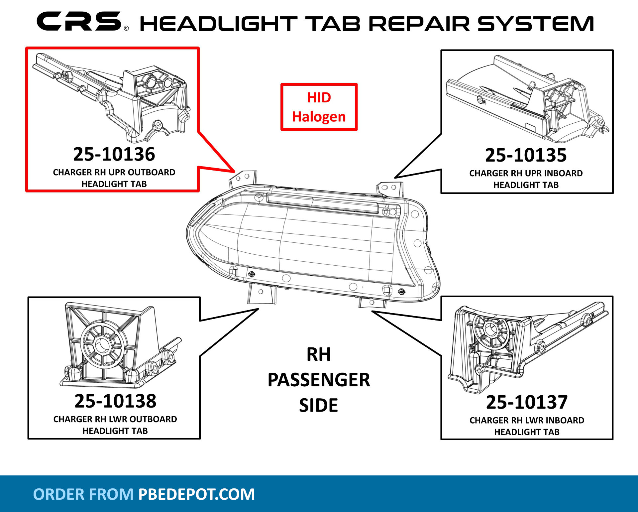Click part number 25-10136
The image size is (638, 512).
click(114, 154)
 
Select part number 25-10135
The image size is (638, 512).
click(526, 155)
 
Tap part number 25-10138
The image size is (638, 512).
click(115, 401)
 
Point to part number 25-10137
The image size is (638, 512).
click(527, 402)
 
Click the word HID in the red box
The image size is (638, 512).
click(319, 98)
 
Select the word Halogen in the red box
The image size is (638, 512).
click(319, 117)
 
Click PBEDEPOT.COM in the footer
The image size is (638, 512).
click(196, 494)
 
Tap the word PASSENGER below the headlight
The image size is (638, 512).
click(319, 380)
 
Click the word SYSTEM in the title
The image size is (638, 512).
click(536, 24)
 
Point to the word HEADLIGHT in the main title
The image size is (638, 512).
click(218, 24)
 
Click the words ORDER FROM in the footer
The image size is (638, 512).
click(83, 494)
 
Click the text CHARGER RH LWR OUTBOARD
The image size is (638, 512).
click(115, 419)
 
